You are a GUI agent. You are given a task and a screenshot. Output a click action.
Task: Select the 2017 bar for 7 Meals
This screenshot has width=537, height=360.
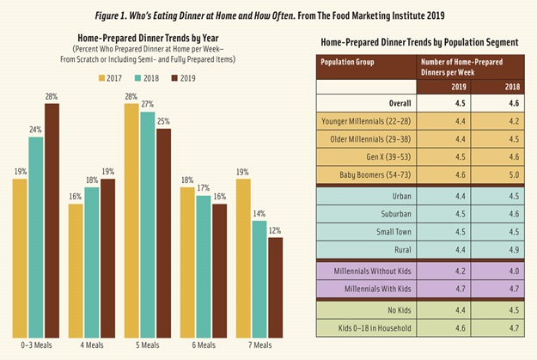(243, 258)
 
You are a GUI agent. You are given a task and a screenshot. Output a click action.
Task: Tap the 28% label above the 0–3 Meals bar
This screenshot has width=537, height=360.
(52, 97)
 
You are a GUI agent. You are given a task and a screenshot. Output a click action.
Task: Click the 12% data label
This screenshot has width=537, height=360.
(276, 231)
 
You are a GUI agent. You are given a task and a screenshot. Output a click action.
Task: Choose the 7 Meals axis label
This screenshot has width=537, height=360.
(259, 345)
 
